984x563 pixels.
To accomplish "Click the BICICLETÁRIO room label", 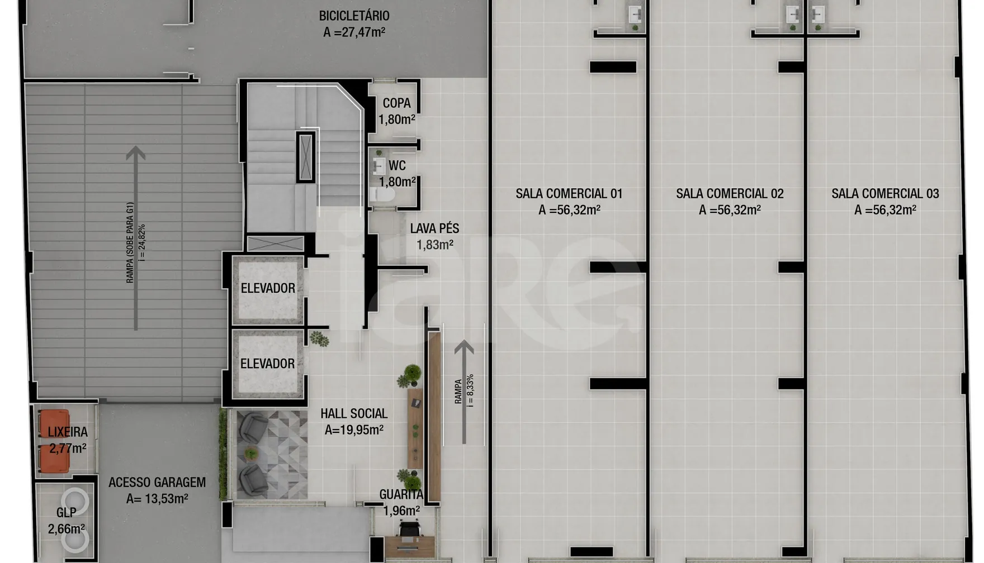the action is [x=354, y=16].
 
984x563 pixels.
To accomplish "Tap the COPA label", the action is [x=396, y=103].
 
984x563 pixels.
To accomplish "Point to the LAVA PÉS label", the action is [x=434, y=228].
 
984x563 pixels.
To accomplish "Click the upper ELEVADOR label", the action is [x=268, y=288].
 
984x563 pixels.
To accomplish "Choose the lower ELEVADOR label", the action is [x=267, y=364].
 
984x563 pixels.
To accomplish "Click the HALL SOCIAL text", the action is [x=354, y=414].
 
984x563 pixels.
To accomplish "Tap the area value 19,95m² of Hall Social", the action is [x=354, y=430].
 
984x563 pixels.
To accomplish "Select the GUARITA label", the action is [x=401, y=494].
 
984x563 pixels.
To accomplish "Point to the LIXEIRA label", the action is [x=68, y=432].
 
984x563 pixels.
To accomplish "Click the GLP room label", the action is [x=66, y=513].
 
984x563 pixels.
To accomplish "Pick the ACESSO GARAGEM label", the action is [x=157, y=483].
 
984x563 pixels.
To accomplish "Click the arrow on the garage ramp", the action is [x=135, y=238].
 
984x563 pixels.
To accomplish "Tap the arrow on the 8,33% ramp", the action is [x=463, y=392].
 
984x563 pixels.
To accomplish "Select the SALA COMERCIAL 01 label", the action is [x=569, y=194].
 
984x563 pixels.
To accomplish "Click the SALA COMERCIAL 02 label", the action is [x=730, y=194].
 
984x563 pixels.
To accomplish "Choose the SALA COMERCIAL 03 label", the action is [x=885, y=194].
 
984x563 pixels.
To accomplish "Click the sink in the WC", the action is [x=379, y=166].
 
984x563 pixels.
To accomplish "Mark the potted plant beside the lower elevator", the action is [x=319, y=338].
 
